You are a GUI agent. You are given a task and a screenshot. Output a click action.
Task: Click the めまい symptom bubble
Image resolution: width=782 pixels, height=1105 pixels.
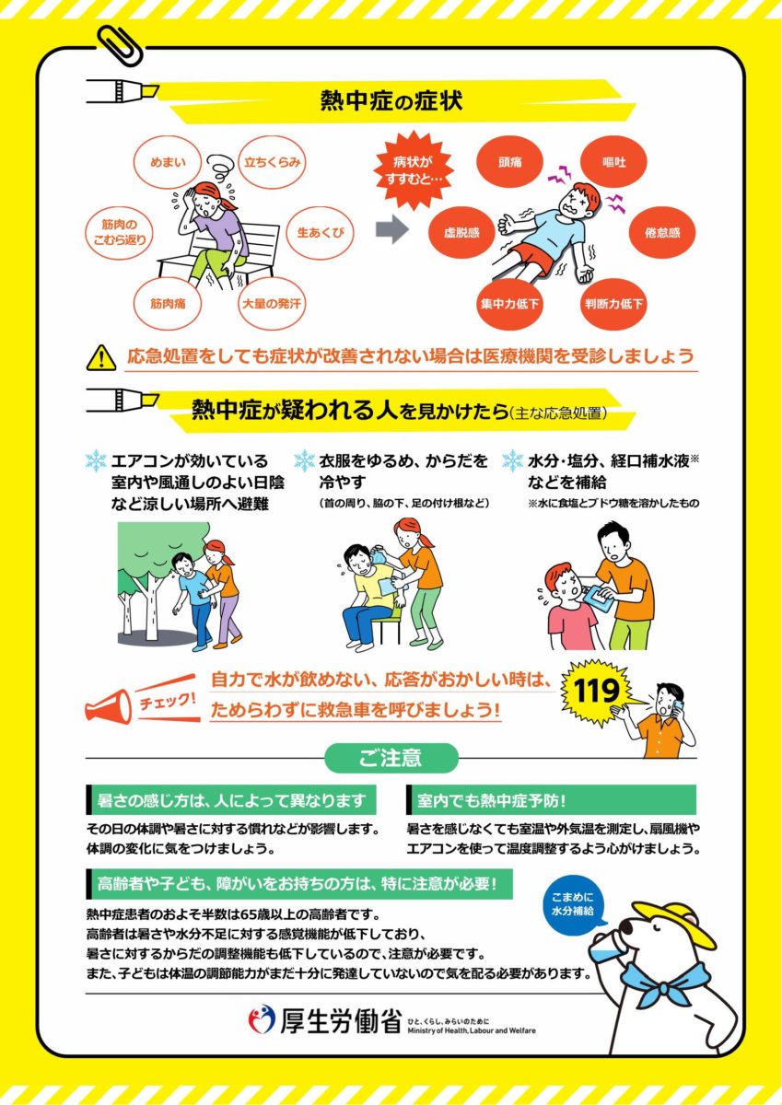tap(169, 162)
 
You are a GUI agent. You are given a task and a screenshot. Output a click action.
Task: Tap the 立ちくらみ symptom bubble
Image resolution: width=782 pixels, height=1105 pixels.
tap(272, 162)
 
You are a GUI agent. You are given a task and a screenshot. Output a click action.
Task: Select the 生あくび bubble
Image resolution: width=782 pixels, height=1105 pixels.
tap(321, 233)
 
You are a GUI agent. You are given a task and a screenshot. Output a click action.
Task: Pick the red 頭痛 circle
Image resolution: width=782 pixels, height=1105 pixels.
tap(509, 162)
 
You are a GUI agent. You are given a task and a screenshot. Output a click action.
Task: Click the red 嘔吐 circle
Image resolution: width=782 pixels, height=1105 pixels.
tap(613, 162)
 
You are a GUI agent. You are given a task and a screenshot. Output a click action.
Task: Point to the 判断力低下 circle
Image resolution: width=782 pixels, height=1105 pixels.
tap(613, 303)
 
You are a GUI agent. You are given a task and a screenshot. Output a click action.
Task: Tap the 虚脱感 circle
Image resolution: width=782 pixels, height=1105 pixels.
tap(461, 233)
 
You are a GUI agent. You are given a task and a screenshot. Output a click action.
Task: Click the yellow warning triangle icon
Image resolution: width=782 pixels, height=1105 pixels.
tap(101, 357)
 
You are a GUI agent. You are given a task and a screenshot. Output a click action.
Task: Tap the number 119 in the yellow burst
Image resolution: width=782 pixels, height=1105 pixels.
tap(597, 691)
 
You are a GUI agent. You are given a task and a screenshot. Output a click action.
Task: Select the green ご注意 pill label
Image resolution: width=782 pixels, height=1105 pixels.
tap(391, 757)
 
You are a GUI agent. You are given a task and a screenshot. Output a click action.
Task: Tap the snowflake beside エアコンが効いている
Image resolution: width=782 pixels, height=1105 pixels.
tap(96, 460)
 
